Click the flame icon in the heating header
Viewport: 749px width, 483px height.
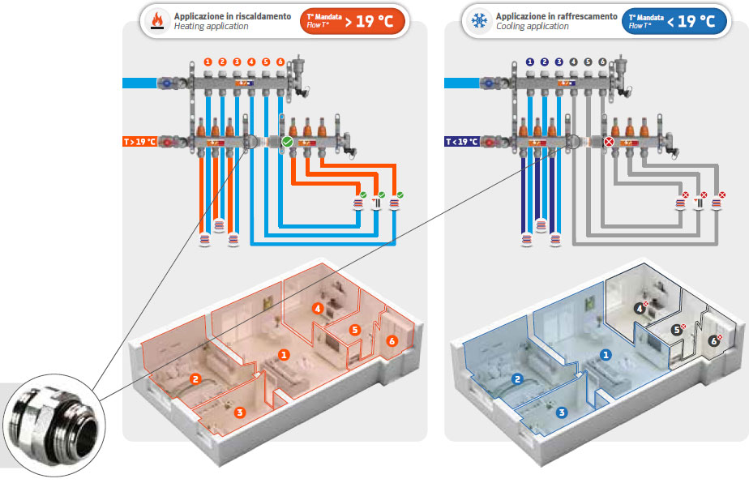158,21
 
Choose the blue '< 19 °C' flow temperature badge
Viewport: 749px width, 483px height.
674,21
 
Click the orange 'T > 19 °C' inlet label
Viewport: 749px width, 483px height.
139,142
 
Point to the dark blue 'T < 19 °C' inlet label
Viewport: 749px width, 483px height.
462,142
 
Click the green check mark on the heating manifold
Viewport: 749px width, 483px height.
286,142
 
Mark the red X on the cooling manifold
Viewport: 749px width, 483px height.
609,142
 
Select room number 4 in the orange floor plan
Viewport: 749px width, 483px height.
319,308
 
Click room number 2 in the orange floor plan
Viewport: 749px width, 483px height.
195,378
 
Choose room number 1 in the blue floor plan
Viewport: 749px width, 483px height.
605,354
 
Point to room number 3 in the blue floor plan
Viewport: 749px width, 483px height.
561,412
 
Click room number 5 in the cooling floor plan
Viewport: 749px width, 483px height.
676,330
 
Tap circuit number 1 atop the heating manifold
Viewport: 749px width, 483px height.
208,62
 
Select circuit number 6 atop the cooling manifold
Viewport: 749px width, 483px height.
601,62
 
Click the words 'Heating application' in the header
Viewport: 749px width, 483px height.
211,27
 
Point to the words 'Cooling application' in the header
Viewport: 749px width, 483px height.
533,27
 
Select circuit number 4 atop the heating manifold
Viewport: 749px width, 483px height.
251,62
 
